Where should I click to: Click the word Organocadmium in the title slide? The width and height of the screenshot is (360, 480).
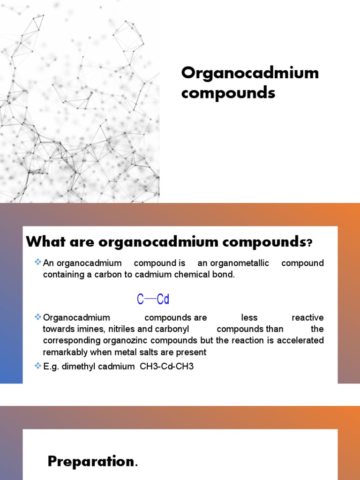point(250,73)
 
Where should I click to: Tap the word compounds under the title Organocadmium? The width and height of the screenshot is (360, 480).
point(228,93)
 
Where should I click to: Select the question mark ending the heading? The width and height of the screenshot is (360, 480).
point(309,243)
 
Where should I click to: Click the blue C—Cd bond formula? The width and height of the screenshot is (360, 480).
point(153,299)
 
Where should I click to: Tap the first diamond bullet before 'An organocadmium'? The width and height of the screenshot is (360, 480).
point(38,262)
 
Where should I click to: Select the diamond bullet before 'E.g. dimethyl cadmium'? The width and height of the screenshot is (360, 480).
point(38,366)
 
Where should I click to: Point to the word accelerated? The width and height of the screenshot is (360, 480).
point(300,340)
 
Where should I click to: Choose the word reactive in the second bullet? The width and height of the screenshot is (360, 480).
point(307,318)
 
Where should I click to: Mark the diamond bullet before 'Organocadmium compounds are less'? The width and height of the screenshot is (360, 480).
point(38,317)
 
